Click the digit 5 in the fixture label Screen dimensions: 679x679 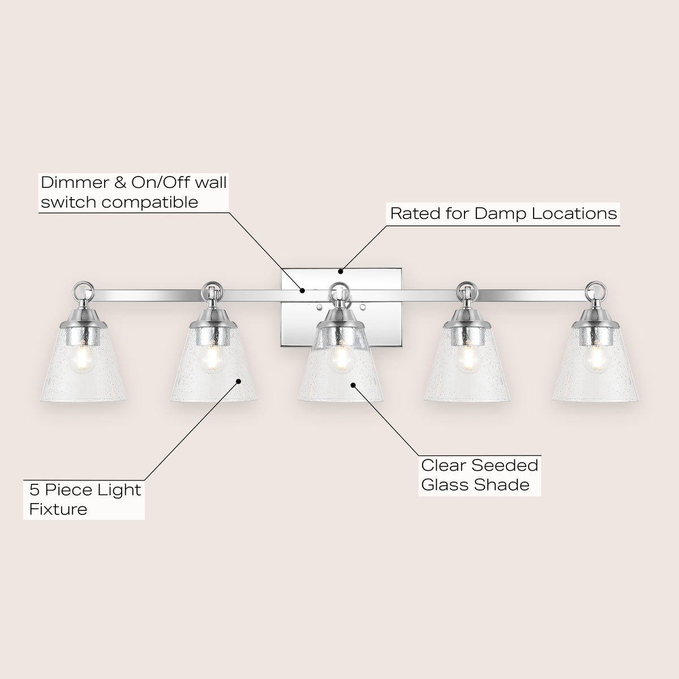coord(34,490)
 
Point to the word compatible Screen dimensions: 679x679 coord(150,203)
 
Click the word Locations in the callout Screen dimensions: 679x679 coord(574,213)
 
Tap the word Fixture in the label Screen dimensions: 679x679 coord(58,509)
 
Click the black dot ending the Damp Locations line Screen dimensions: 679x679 coord(341,272)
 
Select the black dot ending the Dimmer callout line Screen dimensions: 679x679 coord(302,291)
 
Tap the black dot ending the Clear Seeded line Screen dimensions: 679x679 coord(353,385)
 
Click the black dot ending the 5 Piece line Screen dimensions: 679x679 coord(239,381)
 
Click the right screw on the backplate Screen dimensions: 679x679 coord(363,308)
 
